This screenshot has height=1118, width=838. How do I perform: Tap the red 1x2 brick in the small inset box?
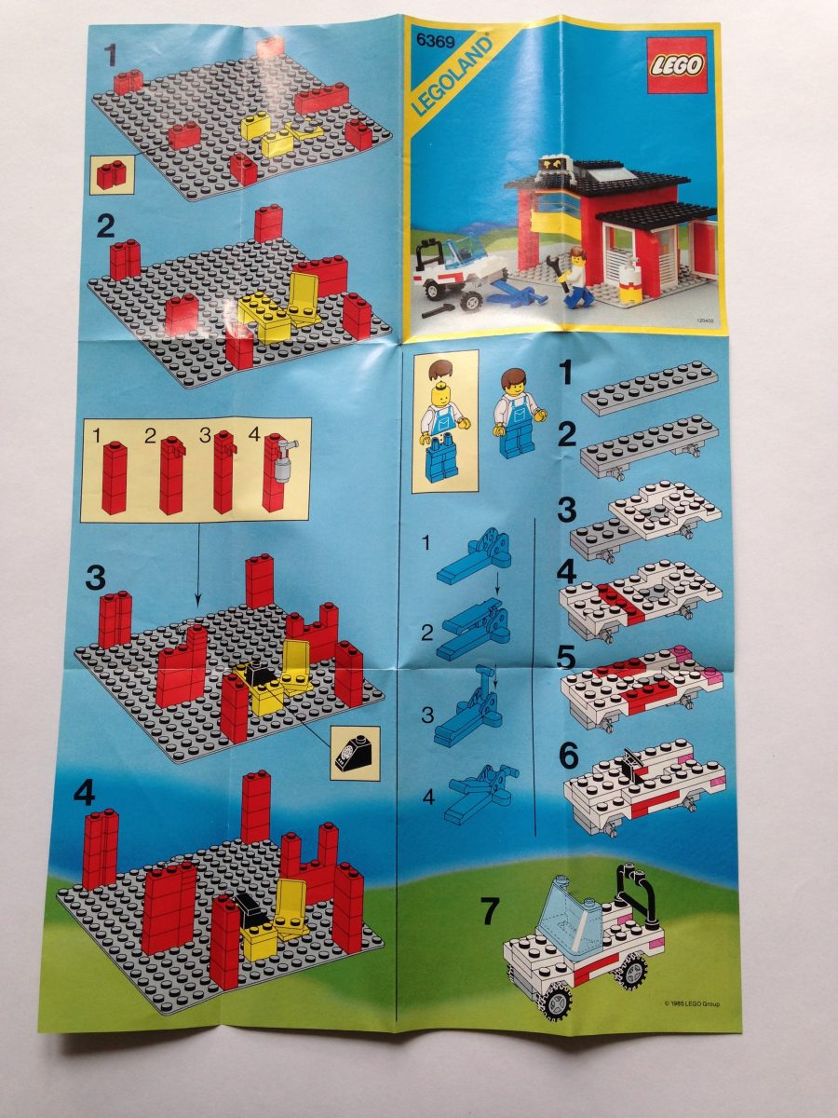click(112, 174)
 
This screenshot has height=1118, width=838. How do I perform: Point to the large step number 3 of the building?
click(96, 578)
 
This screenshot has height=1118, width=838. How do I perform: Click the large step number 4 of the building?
click(85, 794)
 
